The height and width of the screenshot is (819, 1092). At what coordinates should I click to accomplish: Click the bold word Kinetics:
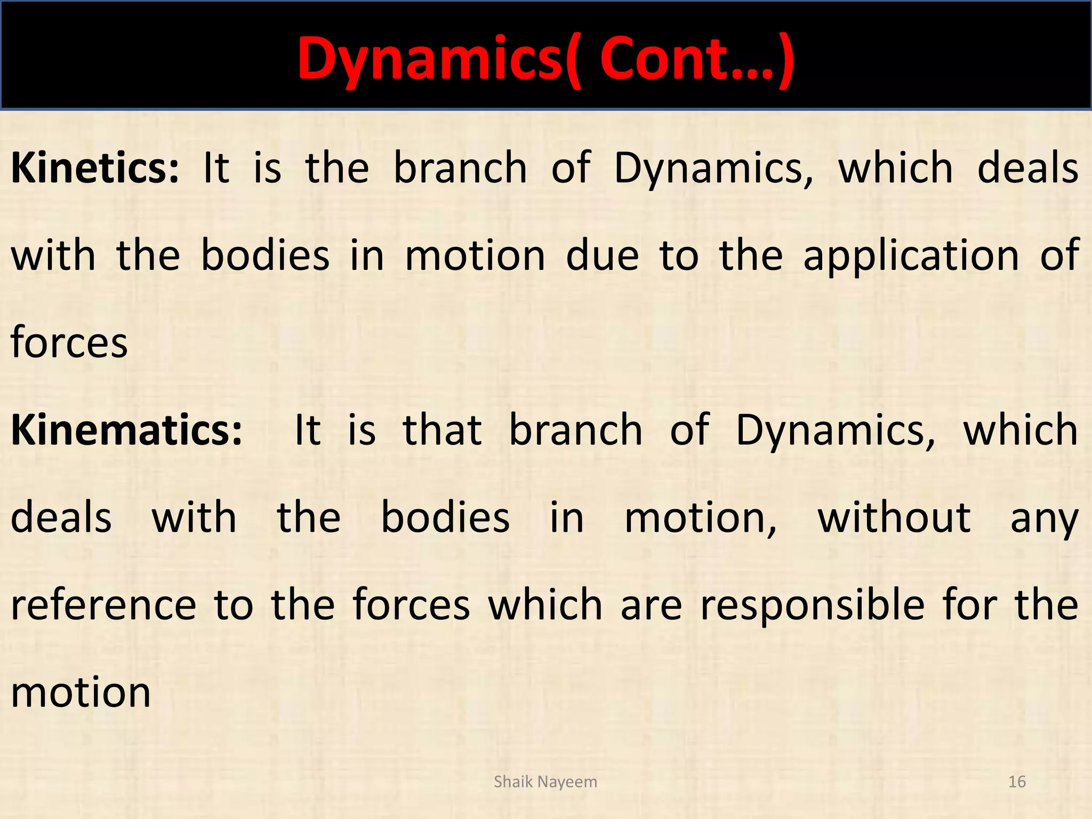pos(95,168)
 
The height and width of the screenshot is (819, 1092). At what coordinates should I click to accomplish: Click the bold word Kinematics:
pos(126,430)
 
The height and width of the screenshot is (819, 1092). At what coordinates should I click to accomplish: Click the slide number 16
pos(1017,782)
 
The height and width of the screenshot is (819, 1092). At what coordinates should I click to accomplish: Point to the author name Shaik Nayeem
pos(545,782)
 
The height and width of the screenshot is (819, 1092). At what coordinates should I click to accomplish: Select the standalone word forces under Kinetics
pos(69,342)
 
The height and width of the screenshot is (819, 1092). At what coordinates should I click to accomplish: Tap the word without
pos(894,517)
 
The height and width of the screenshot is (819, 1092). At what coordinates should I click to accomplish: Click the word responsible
pos(812,606)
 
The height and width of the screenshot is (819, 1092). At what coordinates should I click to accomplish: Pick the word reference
pos(103,605)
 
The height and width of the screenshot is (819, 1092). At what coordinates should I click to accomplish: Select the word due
pos(602,256)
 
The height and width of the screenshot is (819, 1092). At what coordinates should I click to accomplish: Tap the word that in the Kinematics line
pos(442,430)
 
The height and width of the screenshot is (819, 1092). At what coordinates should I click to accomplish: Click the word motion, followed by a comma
pos(700,518)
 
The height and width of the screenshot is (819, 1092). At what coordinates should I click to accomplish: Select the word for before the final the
pos(969,605)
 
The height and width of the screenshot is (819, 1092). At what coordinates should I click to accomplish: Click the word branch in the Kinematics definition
pos(575,430)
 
